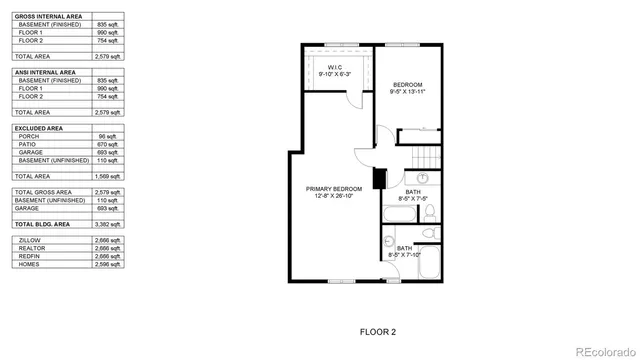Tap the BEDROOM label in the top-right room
(x=408, y=84)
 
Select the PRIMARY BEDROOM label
(x=334, y=188)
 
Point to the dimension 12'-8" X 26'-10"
(x=334, y=196)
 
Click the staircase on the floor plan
(x=427, y=156)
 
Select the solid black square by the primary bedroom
(x=379, y=179)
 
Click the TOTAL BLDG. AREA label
(x=41, y=225)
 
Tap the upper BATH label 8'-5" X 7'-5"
(x=413, y=195)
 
